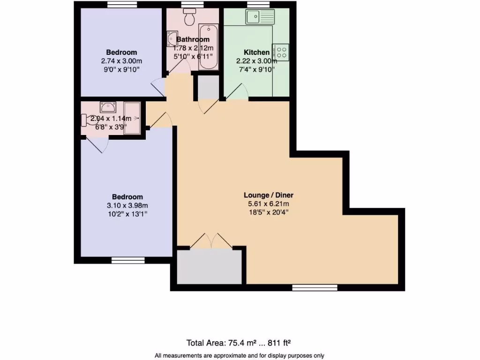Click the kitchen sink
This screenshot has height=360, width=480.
pos(260,16)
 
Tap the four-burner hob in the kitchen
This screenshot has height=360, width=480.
pos(281,52)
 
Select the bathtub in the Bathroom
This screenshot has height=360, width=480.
pos(209,47)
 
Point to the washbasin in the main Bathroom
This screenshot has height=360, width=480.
pos(172,39)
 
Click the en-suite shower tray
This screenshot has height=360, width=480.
pos(132,118)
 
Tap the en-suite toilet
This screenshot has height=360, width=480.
pos(89,120)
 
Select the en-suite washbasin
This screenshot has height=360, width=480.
pos(108,107)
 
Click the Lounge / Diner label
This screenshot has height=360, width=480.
pos(269,195)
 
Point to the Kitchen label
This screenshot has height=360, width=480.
pos(256,52)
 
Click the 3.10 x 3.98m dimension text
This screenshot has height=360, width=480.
pos(127,205)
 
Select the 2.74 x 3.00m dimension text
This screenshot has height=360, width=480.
pos(121,61)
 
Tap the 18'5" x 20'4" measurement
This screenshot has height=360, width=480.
pos(269,212)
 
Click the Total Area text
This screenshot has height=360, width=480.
pos(239,343)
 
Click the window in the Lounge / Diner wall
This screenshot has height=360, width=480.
pos(315,287)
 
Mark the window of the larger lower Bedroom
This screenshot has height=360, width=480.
pos(128,260)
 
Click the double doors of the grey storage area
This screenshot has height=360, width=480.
pos(211,241)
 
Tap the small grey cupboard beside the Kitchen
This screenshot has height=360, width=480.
pos(208,87)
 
